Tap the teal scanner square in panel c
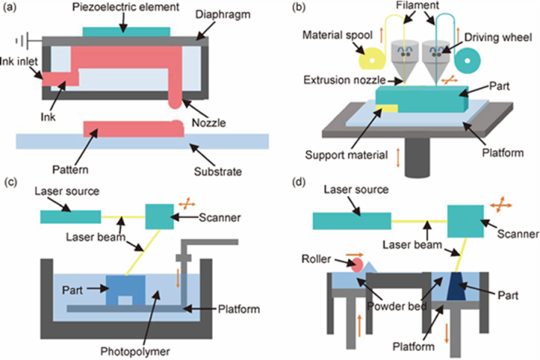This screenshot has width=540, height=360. click(159, 216)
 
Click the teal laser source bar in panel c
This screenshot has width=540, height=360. click(71, 216)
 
